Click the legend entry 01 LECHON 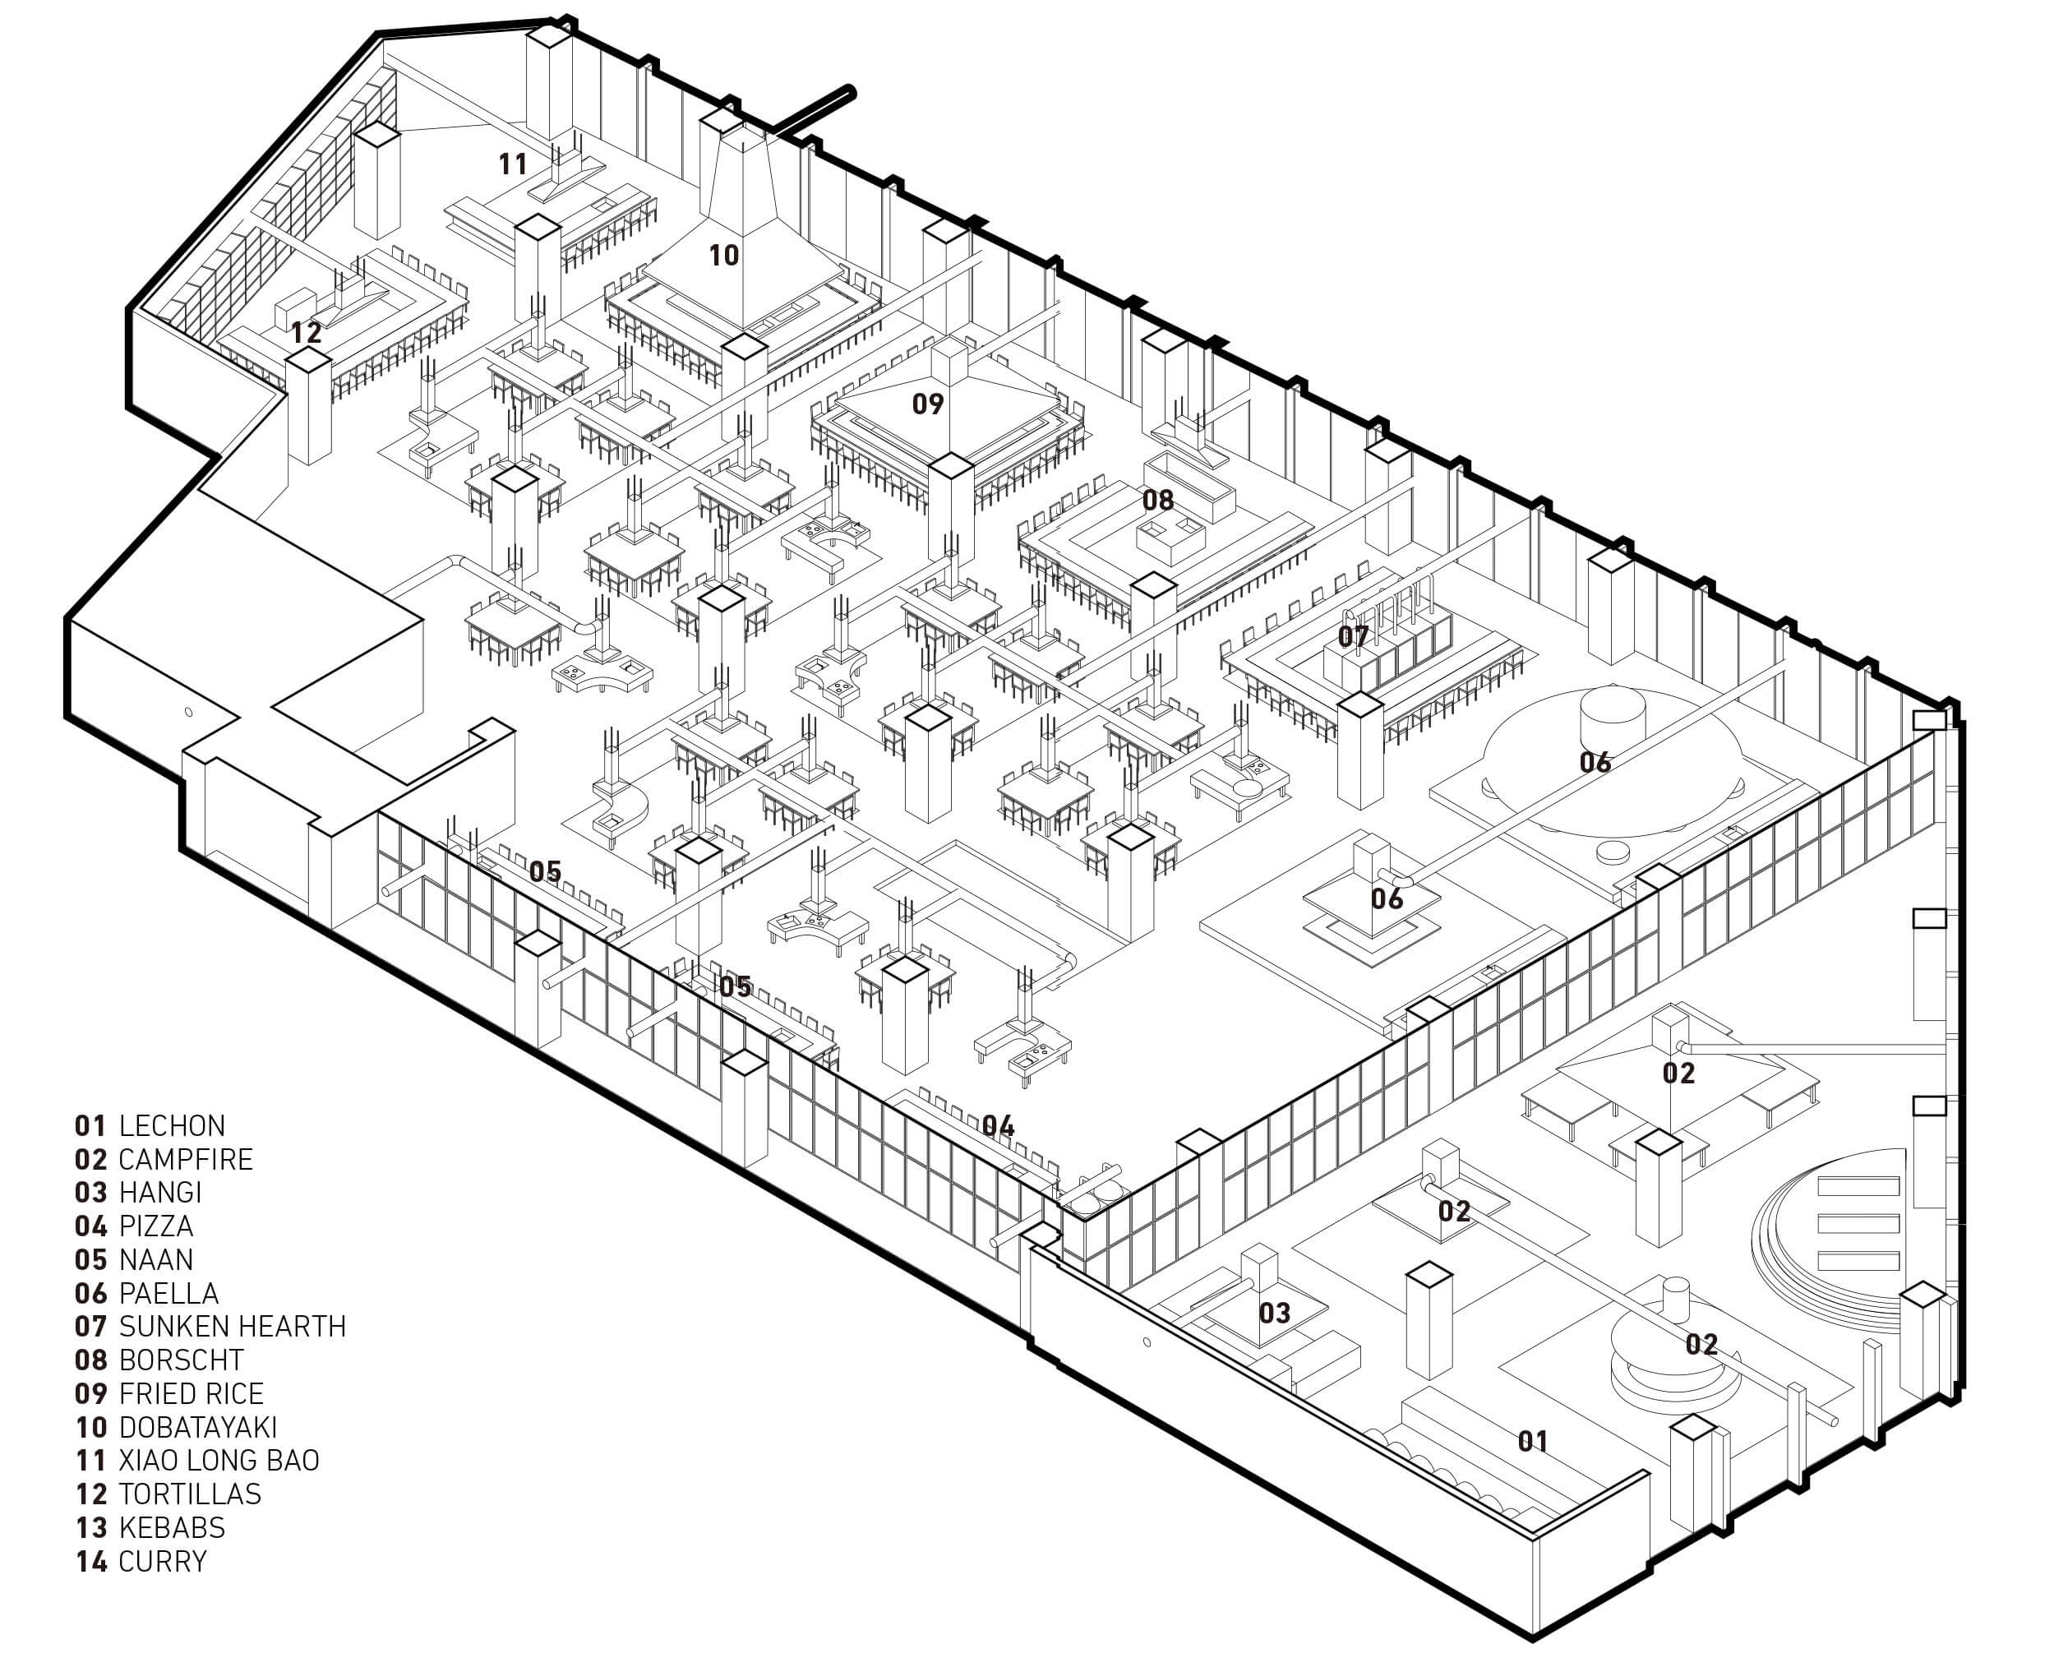tap(150, 1125)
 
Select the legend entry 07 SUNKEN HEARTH tap(210, 1326)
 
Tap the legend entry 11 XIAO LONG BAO tap(197, 1460)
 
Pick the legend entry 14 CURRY tap(141, 1561)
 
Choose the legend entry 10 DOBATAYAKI tap(176, 1427)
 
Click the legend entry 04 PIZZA tap(135, 1226)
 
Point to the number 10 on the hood tap(724, 256)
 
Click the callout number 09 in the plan tap(928, 404)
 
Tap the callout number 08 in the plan tap(1158, 499)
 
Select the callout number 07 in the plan tap(1353, 635)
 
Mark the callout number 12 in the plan tap(307, 333)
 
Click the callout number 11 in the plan tap(513, 164)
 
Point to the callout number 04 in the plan tap(998, 1125)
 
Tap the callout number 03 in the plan tap(1274, 1313)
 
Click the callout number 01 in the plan tap(1533, 1441)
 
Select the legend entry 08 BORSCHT tap(159, 1360)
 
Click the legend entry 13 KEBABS tap(150, 1526)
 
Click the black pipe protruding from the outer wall tap(815, 109)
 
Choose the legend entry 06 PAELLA tap(147, 1292)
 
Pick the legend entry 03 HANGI tap(138, 1193)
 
